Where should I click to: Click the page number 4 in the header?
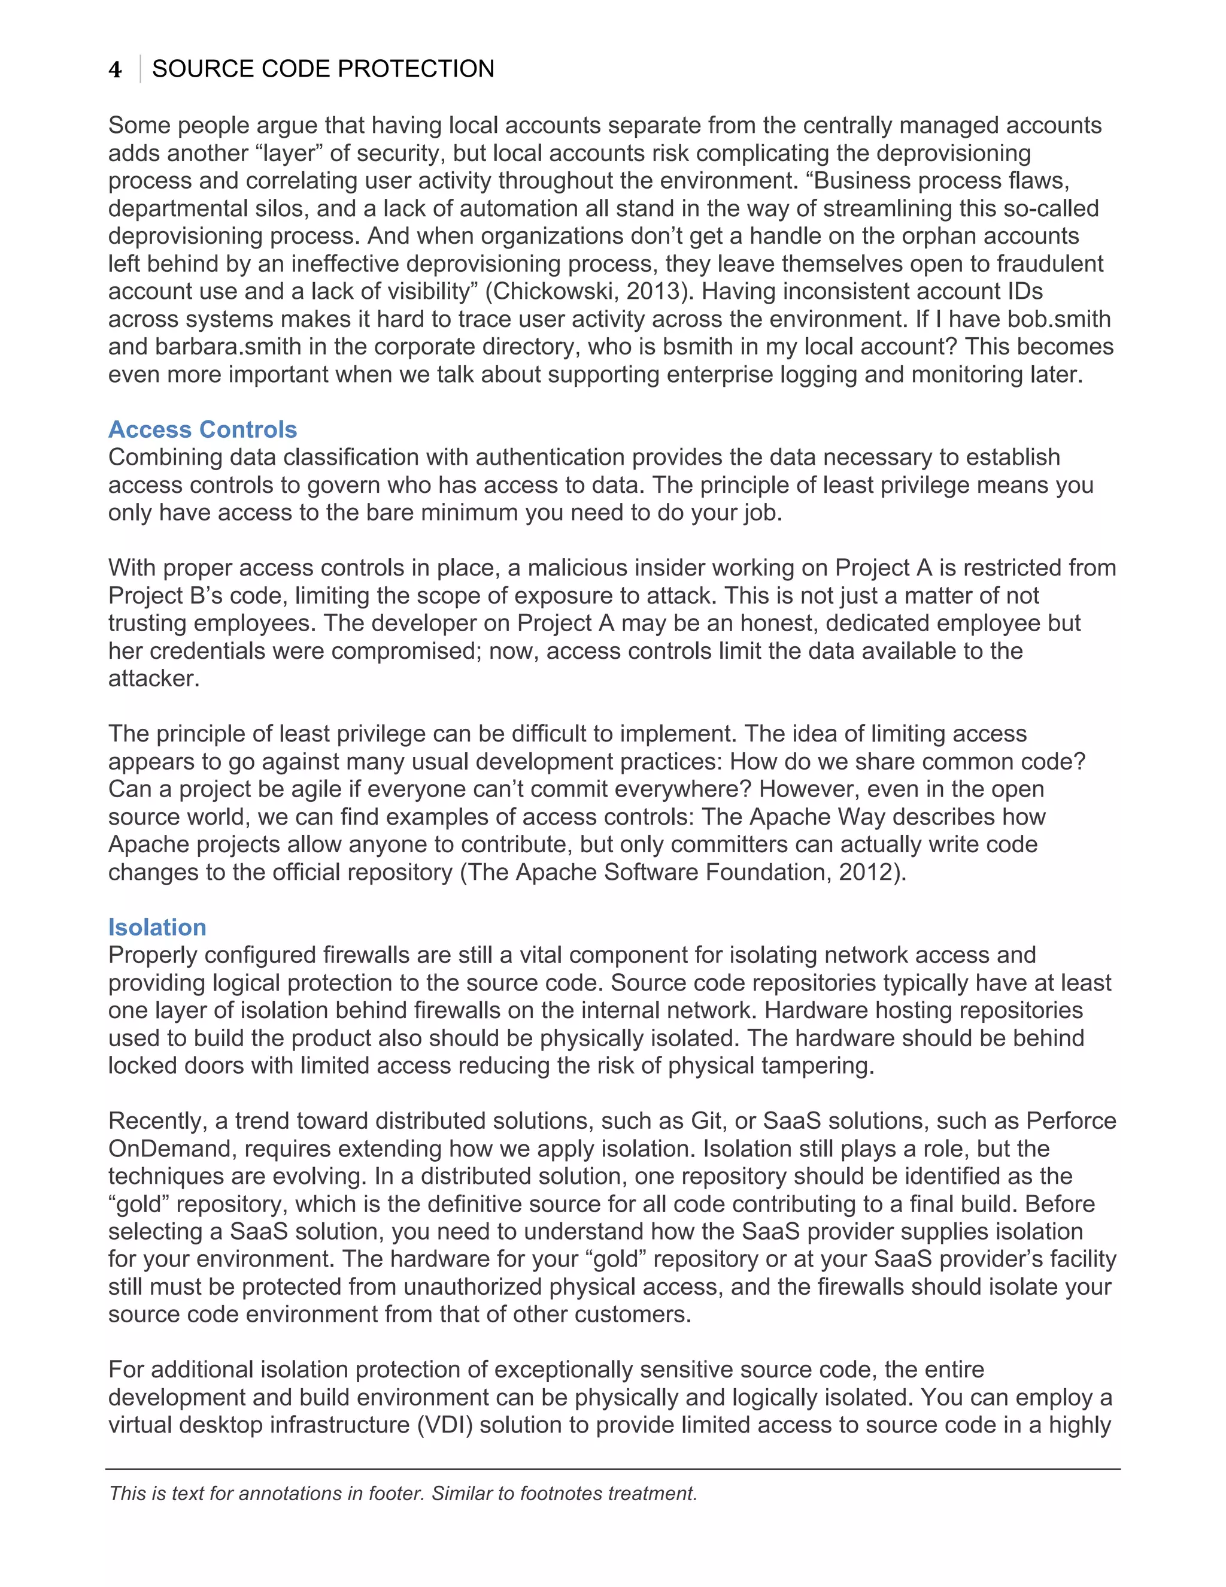(x=115, y=69)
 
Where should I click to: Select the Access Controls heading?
(x=203, y=429)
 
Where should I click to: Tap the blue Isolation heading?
(x=157, y=927)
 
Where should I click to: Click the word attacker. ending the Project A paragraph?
(x=153, y=679)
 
